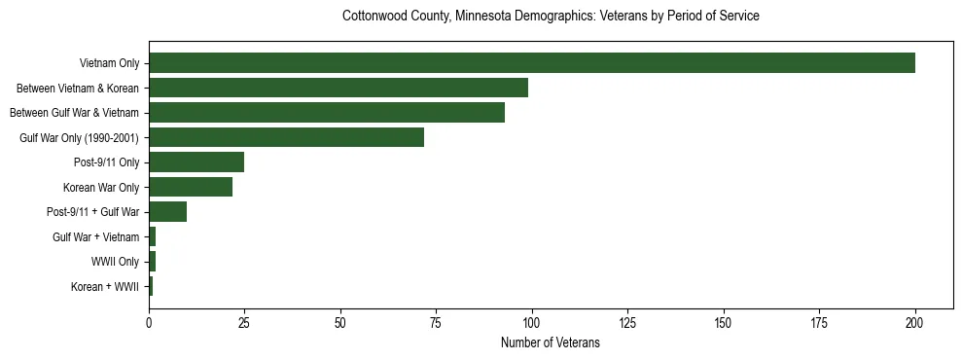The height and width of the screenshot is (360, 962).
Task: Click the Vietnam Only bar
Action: [x=531, y=63]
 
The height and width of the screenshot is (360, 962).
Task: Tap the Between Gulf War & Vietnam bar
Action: [x=327, y=113]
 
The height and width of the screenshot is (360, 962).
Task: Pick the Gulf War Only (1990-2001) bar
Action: [x=286, y=138]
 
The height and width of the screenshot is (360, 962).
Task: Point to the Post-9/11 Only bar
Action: [x=196, y=162]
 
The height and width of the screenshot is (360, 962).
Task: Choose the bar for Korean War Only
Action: [x=191, y=188]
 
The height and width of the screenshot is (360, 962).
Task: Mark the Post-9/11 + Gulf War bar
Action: [x=167, y=212]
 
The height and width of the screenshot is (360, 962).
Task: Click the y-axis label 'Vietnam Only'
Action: [x=109, y=64]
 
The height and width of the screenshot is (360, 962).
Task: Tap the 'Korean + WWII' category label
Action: [x=105, y=287]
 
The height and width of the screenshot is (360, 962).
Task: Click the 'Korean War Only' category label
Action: [x=101, y=188]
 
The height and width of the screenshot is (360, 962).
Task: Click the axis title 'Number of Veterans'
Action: [x=551, y=343]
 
